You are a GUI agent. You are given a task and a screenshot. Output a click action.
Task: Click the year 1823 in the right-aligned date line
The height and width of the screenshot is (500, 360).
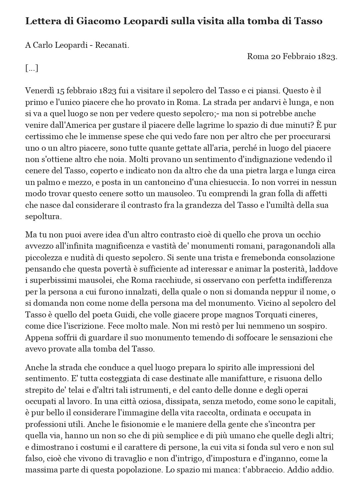pos(327,56)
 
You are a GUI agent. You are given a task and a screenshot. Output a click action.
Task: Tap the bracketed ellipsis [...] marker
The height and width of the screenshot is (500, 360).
pos(32,68)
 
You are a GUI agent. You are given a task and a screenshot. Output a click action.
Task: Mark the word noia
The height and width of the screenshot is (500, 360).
pos(118,159)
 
